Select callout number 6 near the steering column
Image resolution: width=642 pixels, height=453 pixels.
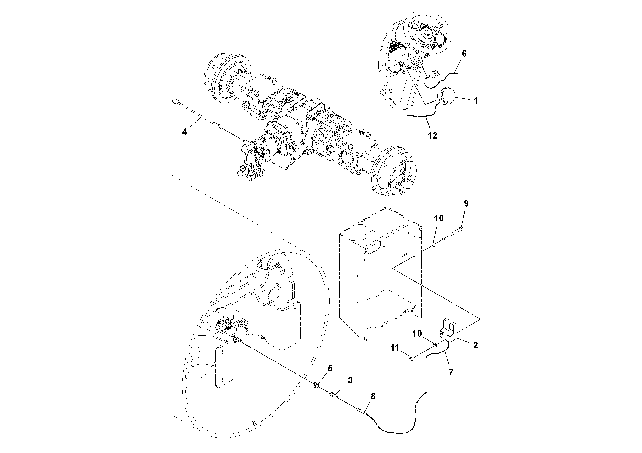click(x=464, y=54)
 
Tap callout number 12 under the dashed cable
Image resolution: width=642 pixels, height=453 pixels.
click(x=432, y=136)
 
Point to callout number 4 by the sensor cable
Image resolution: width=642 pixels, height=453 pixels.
click(x=185, y=132)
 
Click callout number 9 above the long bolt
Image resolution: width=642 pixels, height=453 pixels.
click(x=466, y=204)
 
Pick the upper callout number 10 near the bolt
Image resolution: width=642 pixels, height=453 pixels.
click(x=439, y=218)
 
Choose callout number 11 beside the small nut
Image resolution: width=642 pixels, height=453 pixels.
click(x=395, y=348)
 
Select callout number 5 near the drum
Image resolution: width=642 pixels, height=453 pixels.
click(x=330, y=368)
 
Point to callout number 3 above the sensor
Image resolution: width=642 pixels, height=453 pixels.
click(x=350, y=380)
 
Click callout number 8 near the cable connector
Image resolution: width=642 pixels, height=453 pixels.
click(x=373, y=396)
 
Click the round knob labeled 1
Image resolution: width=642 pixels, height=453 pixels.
click(x=447, y=95)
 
